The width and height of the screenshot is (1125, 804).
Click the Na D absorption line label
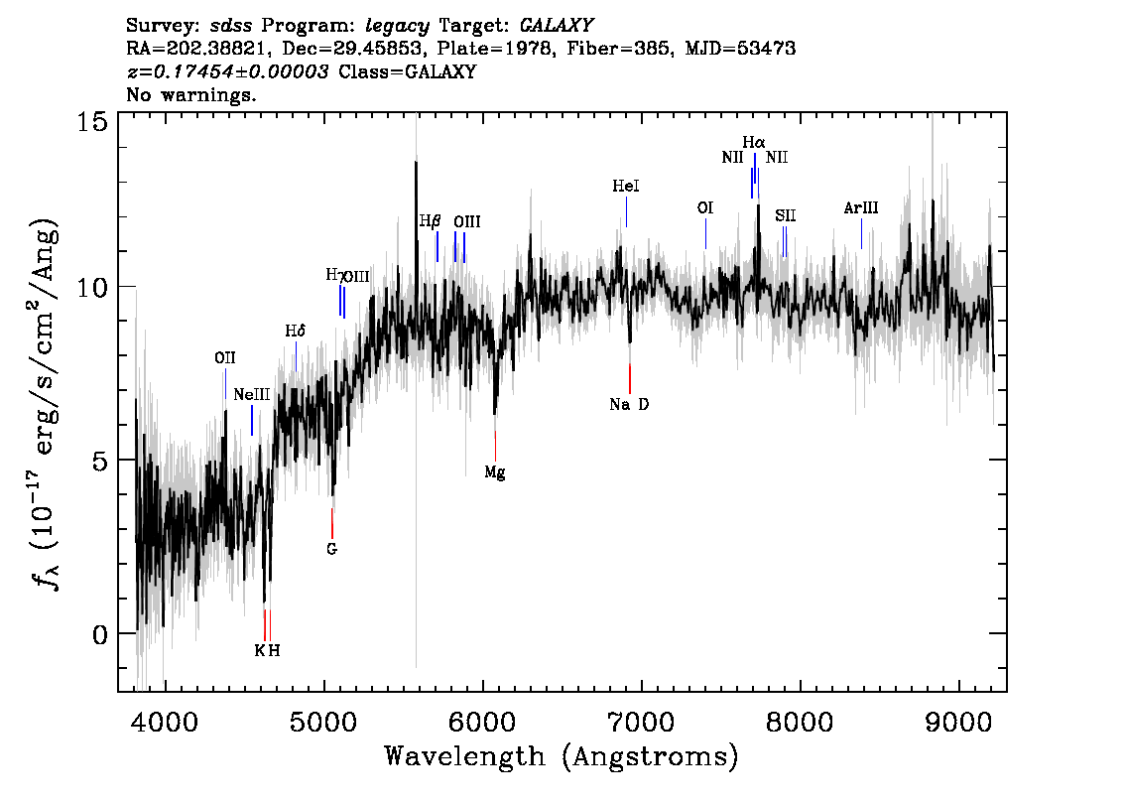pos(629,404)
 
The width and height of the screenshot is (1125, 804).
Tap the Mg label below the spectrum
pos(494,472)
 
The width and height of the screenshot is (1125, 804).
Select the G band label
pos(331,549)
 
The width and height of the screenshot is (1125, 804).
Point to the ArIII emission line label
pos(861,208)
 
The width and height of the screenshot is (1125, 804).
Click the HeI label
pos(626,186)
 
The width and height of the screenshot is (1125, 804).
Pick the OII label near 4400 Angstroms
pos(225,357)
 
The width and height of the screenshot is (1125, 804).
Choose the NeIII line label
pos(252,394)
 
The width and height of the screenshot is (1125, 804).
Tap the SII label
pos(785,215)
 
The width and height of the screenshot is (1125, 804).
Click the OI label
pos(705,207)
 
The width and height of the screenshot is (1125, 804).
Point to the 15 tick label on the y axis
pos(92,121)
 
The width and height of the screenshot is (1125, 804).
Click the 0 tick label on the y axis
pos(100,634)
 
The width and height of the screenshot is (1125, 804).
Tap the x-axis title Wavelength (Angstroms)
pos(562,756)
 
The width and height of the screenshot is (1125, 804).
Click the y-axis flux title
pos(45,403)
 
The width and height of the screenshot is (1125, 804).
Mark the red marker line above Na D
pos(630,378)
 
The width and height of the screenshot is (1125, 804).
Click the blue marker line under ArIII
pos(862,234)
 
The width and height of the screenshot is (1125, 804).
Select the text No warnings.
pos(190,94)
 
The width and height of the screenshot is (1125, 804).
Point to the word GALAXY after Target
pos(556,26)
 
